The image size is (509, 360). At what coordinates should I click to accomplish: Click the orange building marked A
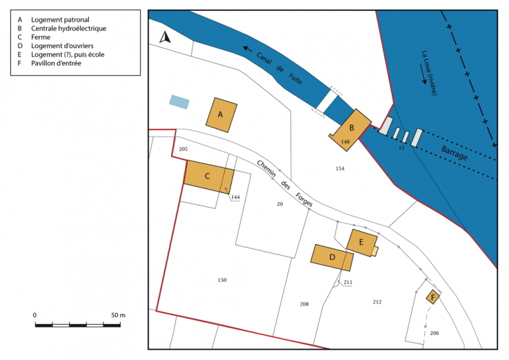(x=221, y=114)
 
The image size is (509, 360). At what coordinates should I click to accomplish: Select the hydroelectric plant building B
(x=352, y=128)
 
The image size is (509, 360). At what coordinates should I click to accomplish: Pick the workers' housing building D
(x=332, y=257)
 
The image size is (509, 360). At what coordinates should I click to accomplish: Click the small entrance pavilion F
(x=432, y=297)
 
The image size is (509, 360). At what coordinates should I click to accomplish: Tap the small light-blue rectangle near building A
(x=179, y=102)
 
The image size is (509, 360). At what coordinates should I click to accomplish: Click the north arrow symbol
(x=164, y=38)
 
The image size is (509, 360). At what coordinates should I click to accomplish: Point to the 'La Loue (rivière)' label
(x=428, y=72)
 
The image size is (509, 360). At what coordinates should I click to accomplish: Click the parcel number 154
(x=339, y=168)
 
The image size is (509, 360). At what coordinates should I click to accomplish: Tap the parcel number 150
(x=222, y=280)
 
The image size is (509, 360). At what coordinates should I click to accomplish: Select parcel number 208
(x=304, y=304)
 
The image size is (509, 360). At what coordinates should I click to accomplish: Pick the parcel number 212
(x=377, y=302)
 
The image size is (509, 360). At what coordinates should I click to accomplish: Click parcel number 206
(x=434, y=333)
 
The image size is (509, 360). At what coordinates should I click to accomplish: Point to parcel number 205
(x=183, y=149)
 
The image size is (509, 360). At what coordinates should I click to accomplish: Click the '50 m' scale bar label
(x=117, y=315)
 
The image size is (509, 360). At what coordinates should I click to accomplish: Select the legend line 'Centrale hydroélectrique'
(x=68, y=28)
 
